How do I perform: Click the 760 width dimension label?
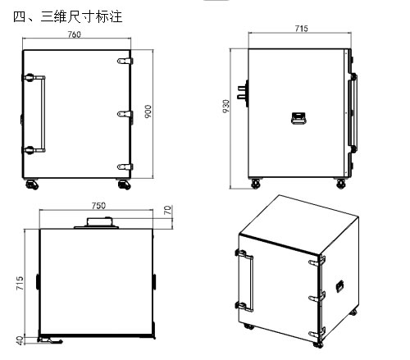tap(74, 34)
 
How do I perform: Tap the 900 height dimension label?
tap(148, 112)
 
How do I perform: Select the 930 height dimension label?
tap(226, 107)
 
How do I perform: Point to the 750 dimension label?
tap(98, 206)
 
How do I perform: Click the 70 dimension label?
tap(168, 210)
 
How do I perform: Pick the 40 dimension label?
tap(20, 340)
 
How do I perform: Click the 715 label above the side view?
tap(301, 29)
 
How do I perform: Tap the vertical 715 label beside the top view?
tap(20, 284)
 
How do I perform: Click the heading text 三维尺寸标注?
tap(81, 17)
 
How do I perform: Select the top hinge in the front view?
tap(125, 61)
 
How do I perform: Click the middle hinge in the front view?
tap(125, 114)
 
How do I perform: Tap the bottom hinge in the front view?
tap(125, 166)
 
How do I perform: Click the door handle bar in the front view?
tap(43, 114)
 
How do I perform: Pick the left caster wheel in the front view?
tap(32, 185)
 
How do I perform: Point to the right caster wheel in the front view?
tap(124, 185)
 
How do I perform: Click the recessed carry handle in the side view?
tap(298, 118)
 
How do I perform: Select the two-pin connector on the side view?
tap(243, 93)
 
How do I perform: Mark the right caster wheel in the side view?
tap(340, 184)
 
